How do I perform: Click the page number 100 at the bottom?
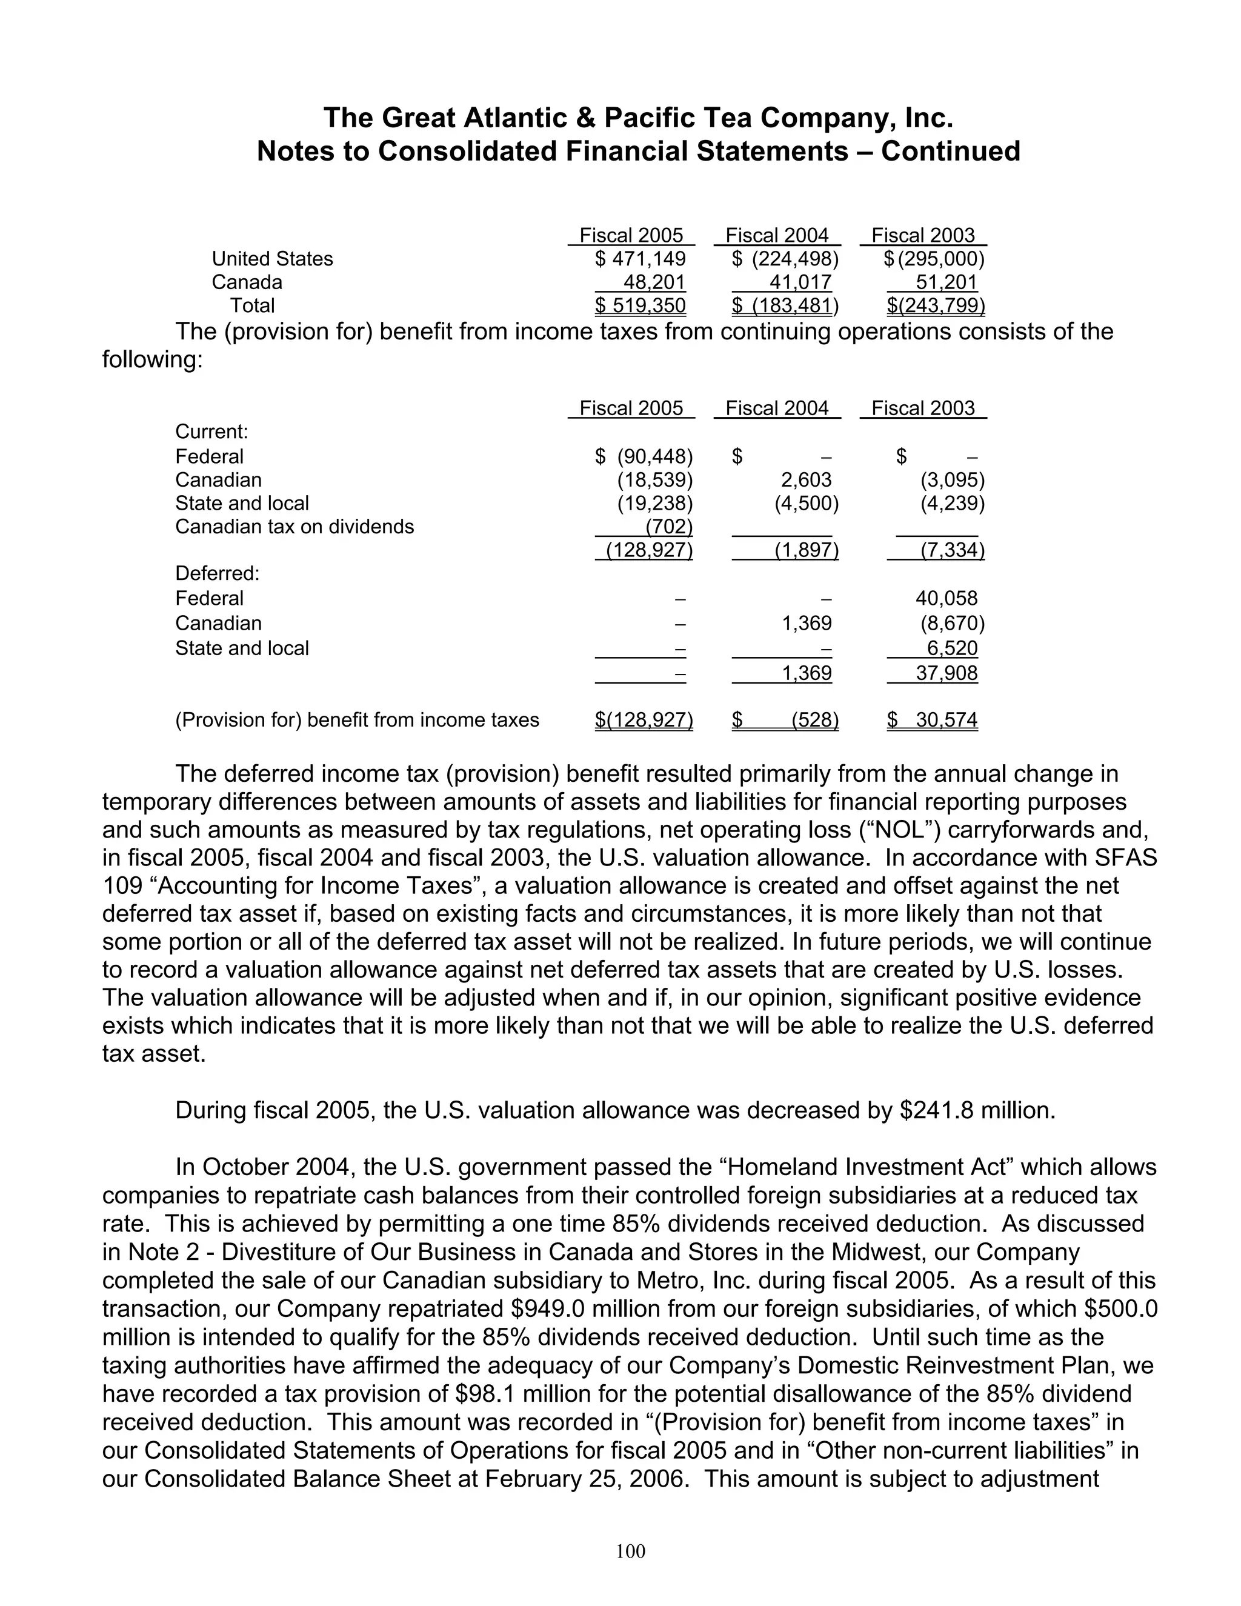(630, 1551)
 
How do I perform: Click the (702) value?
(668, 527)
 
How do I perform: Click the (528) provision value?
(814, 720)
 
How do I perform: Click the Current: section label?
(211, 431)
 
